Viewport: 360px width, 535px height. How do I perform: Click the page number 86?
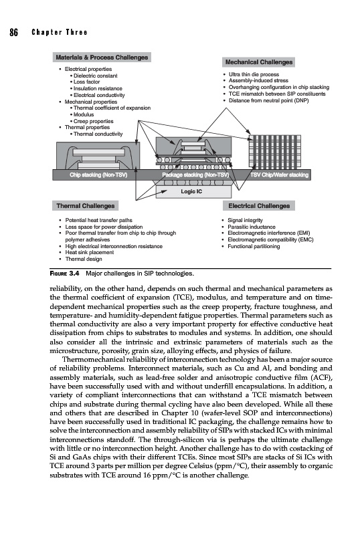click(13, 32)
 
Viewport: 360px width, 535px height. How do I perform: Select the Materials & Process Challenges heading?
click(102, 58)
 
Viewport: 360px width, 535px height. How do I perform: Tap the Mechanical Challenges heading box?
click(258, 62)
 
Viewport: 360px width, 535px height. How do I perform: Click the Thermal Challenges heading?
click(86, 206)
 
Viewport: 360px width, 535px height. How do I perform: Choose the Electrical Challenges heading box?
click(259, 206)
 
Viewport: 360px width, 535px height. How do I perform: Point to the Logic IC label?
click(191, 191)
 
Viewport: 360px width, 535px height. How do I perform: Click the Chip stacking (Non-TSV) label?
click(98, 175)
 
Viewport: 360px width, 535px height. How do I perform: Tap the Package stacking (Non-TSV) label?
click(195, 175)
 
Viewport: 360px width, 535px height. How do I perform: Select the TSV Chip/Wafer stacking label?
click(279, 175)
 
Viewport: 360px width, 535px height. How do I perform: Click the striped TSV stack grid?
click(275, 152)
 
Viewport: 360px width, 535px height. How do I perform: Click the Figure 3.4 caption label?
click(64, 274)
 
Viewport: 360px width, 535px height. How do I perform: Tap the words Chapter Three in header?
click(60, 32)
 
